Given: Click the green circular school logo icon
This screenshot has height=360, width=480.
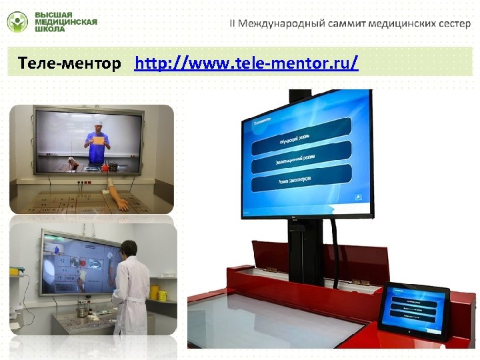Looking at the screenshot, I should coord(17,22).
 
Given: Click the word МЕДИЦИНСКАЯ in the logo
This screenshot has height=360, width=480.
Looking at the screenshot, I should coord(65,22).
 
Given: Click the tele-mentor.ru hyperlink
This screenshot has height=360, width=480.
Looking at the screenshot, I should coord(246,64).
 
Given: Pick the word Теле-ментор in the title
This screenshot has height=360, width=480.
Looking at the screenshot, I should coord(70,64).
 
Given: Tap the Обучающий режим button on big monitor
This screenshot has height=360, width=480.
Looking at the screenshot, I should coord(301,136).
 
